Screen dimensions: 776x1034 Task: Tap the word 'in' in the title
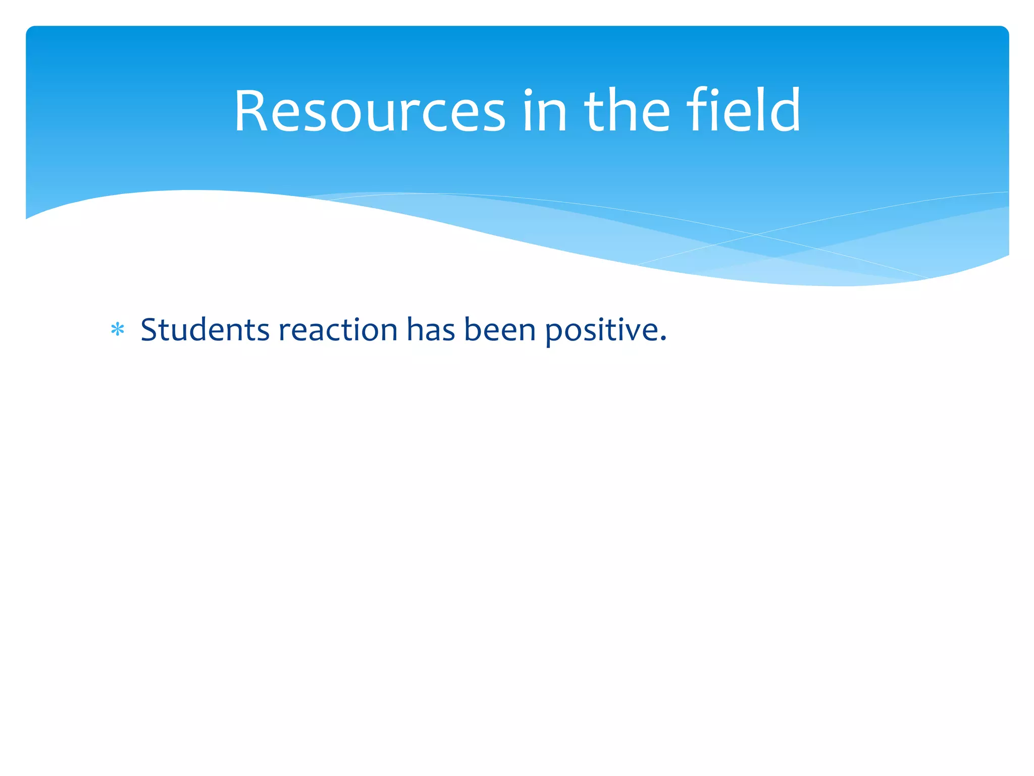tap(544, 111)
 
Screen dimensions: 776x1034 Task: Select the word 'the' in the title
tap(627, 111)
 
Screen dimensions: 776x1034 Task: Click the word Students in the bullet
tap(205, 330)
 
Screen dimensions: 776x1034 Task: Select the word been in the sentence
tap(499, 330)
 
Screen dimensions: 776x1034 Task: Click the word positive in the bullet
tap(601, 331)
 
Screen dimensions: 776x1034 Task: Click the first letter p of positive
tap(554, 333)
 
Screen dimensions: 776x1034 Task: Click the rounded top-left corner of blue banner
tap(30, 30)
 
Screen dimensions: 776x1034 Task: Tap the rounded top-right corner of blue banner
tap(1004, 30)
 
